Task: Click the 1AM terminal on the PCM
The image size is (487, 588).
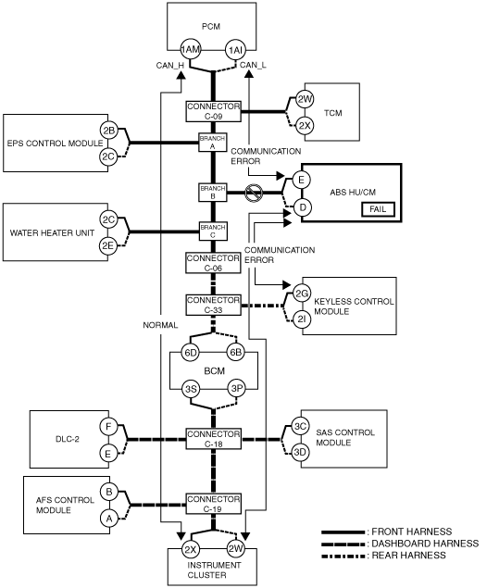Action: tap(191, 49)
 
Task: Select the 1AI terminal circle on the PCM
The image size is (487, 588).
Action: tap(235, 49)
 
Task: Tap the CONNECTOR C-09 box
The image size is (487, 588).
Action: tap(213, 111)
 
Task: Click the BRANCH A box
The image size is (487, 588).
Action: tap(213, 142)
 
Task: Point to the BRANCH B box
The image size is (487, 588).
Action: tap(213, 192)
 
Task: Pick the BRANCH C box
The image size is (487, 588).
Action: tap(213, 231)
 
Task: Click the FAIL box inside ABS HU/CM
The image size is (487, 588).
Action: tap(379, 209)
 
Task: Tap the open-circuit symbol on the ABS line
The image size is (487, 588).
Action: tap(254, 193)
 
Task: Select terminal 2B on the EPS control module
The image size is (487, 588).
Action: tap(108, 131)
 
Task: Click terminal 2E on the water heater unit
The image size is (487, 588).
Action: tap(108, 245)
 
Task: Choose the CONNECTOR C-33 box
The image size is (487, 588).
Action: tap(213, 305)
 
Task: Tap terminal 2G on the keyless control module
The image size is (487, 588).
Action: tap(302, 294)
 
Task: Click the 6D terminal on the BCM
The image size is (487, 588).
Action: tap(191, 353)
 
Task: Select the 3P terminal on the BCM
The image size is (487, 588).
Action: tap(237, 389)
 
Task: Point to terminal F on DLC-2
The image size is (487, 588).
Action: tap(108, 426)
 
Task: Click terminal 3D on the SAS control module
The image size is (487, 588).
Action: tap(300, 452)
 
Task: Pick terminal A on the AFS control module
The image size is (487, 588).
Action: tap(109, 519)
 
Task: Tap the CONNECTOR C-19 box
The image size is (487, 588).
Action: tap(213, 504)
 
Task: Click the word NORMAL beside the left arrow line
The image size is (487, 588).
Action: tap(160, 325)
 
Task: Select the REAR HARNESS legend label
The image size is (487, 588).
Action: tap(408, 556)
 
